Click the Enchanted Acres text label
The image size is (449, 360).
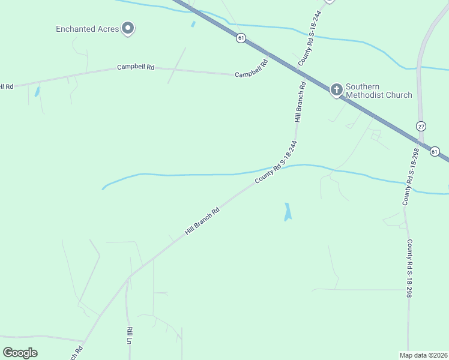pyautogui.click(x=87, y=29)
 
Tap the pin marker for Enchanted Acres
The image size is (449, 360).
pyautogui.click(x=127, y=28)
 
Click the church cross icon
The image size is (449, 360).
pyautogui.click(x=337, y=90)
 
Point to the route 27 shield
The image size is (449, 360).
pyautogui.click(x=421, y=126)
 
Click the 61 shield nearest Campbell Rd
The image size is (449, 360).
pyautogui.click(x=241, y=38)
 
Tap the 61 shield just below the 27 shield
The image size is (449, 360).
pyautogui.click(x=435, y=151)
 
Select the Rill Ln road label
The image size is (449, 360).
pyautogui.click(x=129, y=335)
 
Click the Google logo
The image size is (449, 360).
pyautogui.click(x=20, y=353)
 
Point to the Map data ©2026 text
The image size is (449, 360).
pyautogui.click(x=423, y=355)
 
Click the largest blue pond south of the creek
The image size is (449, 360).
pyautogui.click(x=288, y=212)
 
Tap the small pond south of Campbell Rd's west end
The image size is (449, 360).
pyautogui.click(x=37, y=92)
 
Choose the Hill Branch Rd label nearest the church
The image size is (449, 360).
pyautogui.click(x=300, y=103)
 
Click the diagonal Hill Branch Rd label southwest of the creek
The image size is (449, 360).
pyautogui.click(x=202, y=221)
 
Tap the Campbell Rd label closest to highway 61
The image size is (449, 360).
pyautogui.click(x=251, y=73)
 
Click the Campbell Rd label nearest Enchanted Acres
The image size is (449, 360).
pyautogui.click(x=136, y=67)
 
